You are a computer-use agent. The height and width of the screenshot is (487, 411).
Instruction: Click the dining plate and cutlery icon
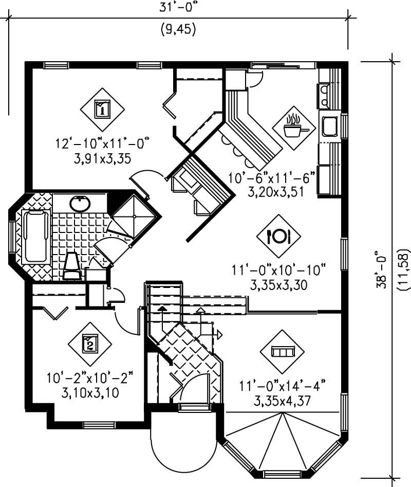278,236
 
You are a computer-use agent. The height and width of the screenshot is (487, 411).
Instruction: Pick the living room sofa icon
282,352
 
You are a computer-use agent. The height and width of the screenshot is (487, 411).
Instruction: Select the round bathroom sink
80,204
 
